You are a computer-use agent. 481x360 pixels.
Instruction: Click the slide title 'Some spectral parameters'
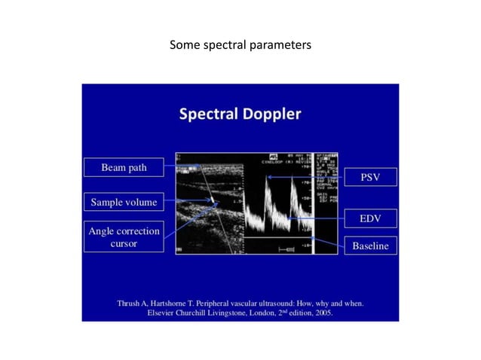click(240, 46)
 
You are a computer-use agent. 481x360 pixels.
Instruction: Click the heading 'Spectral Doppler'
click(240, 114)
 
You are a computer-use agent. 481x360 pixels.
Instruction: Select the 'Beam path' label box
click(124, 167)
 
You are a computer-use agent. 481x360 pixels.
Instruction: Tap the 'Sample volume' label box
click(124, 202)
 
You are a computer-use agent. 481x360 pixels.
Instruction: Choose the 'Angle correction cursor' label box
click(124, 237)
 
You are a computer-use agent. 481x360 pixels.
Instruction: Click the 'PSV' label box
click(369, 177)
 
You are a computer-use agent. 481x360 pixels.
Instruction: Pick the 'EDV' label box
click(369, 218)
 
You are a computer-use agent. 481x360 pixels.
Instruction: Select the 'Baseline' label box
click(369, 246)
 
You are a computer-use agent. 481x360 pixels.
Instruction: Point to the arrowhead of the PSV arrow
click(268, 177)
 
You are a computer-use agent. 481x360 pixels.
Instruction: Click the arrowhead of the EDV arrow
click(290, 218)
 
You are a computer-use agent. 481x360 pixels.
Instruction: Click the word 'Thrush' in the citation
click(130, 304)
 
